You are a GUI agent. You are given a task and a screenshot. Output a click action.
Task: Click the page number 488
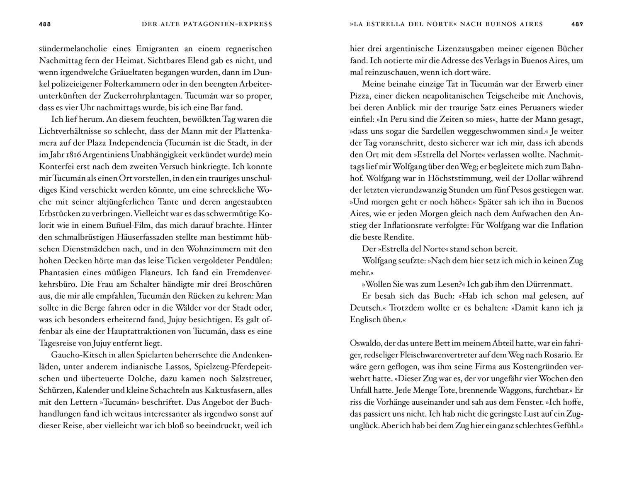point(45,24)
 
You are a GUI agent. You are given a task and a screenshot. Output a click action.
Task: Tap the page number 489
point(577,24)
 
